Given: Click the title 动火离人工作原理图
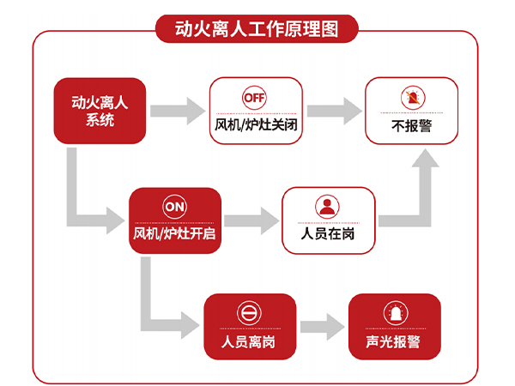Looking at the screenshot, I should point(257,29).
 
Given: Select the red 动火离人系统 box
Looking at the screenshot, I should point(100,112).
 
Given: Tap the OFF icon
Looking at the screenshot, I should point(255,97).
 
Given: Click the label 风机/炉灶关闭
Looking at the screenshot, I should point(256,124).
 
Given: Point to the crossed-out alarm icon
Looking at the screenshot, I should point(411,98).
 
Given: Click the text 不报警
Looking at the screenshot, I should point(411,124).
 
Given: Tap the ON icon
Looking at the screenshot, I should point(175,207).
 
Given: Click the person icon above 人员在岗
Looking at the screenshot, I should point(328,207).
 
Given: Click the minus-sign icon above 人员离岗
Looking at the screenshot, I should point(249,313).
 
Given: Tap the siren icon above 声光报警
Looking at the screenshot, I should point(395,313).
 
